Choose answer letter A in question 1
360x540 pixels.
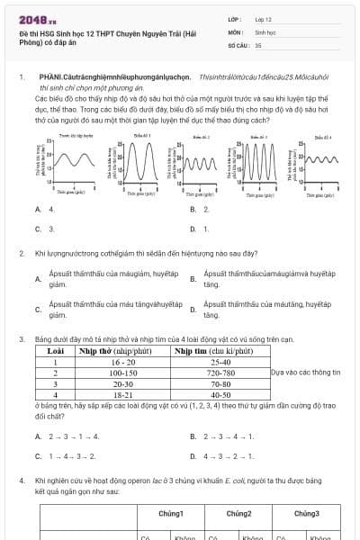tap(39, 209)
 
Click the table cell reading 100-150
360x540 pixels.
tap(123, 372)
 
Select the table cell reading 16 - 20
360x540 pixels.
tap(123, 361)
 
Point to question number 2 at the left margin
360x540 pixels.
tap(21, 254)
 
